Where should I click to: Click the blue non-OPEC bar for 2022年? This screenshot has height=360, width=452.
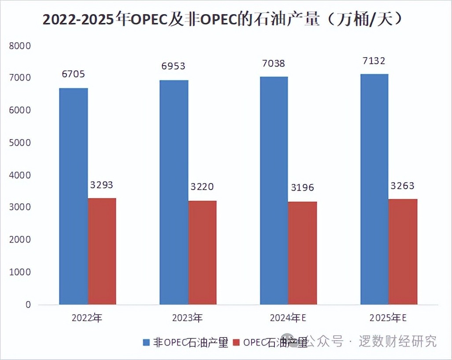(74, 196)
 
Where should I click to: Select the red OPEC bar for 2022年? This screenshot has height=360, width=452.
(102, 251)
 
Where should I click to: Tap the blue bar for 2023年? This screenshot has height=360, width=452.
(174, 192)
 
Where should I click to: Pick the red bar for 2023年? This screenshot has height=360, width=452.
(202, 252)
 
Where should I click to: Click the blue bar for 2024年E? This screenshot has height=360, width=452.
(274, 190)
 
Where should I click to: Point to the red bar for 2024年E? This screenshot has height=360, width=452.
(302, 253)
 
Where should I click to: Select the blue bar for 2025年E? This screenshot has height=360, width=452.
(374, 189)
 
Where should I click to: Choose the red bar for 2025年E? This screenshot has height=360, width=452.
(403, 251)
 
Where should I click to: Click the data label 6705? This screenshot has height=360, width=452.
(73, 73)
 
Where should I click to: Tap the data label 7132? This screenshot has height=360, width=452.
(374, 60)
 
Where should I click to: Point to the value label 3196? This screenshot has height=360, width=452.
(302, 188)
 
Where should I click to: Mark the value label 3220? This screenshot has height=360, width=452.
(202, 187)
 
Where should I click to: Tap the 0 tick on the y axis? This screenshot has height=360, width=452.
(27, 305)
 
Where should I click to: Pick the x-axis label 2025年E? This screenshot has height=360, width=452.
(388, 318)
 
